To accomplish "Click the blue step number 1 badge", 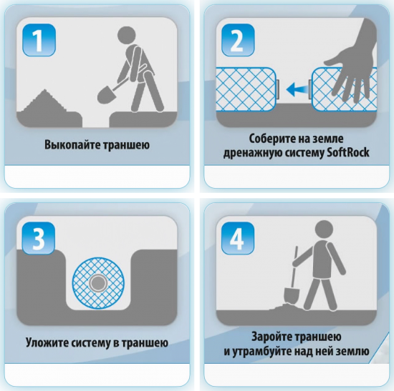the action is [39, 40].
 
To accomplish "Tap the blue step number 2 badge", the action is [238, 40].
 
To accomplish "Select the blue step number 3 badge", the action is [39, 238].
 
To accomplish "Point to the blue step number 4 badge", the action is [238, 238].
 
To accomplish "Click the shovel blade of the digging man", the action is [106, 95].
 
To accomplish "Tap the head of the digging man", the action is [127, 35].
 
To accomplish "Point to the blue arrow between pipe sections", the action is [297, 89].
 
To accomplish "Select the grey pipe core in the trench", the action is [97, 283].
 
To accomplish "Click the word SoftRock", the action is [347, 152].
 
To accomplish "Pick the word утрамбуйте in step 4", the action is [262, 352].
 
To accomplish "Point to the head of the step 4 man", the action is [324, 229].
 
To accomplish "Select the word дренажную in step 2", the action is [253, 152].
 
